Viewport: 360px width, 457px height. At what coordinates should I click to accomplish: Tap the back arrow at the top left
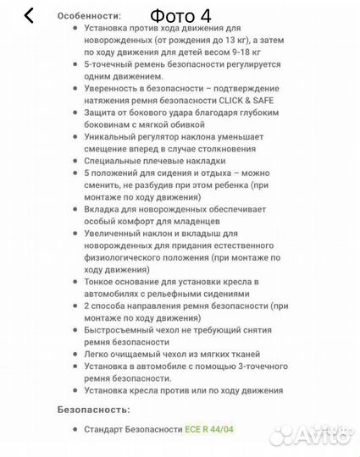(29, 16)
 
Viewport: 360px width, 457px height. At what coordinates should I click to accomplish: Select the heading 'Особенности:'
(89, 15)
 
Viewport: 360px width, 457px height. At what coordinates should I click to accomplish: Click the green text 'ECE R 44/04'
(210, 430)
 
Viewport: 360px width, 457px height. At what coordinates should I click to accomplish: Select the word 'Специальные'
(116, 160)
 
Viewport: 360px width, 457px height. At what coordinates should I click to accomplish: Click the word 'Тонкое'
(102, 281)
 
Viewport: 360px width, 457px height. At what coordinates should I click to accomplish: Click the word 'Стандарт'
(108, 430)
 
